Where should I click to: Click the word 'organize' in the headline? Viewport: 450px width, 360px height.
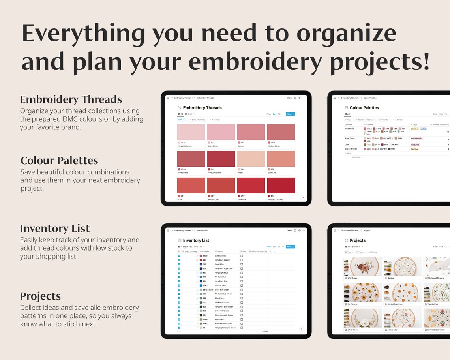[x=346, y=33]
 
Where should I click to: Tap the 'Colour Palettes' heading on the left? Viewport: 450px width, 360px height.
[x=59, y=161]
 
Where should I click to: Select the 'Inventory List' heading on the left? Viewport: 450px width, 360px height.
[x=55, y=229]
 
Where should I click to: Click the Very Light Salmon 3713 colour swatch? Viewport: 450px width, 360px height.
[x=191, y=132]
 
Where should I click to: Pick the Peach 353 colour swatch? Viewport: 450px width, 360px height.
[x=251, y=159]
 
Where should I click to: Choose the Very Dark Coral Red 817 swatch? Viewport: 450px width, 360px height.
[x=281, y=185]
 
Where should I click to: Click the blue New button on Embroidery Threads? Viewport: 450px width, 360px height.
[x=290, y=114]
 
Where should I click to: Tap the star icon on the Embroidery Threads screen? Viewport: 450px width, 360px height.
[x=300, y=97]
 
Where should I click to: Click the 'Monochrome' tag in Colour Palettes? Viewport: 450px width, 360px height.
[x=417, y=139]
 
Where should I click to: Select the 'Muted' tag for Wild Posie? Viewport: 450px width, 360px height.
[x=423, y=129]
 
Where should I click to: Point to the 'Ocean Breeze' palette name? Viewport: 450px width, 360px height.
[x=351, y=149]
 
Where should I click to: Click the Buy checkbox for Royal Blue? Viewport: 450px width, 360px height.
[x=242, y=264]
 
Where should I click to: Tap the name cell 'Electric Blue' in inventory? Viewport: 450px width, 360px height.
[x=220, y=285]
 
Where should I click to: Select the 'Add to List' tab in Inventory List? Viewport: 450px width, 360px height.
[x=197, y=247]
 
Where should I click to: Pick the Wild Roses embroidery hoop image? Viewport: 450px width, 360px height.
[x=363, y=266]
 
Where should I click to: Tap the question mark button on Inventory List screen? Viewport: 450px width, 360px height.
[x=302, y=329]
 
